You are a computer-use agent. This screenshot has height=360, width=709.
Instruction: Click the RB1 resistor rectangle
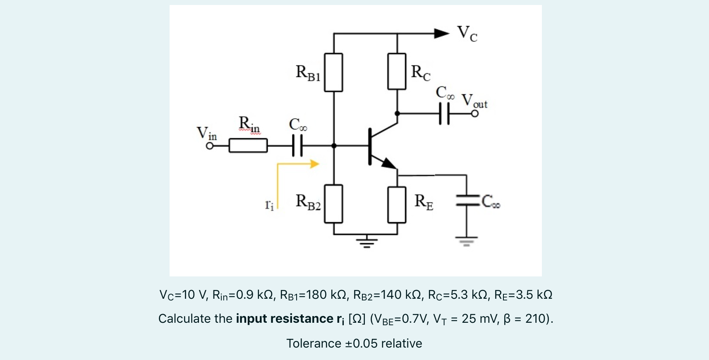[x=333, y=72]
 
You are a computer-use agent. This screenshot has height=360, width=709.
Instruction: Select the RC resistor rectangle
[x=397, y=71]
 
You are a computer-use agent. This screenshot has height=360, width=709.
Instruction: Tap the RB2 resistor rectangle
[x=333, y=204]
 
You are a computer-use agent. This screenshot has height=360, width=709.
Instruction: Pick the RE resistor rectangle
[x=397, y=205]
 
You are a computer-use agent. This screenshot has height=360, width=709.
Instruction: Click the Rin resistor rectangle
[x=248, y=146]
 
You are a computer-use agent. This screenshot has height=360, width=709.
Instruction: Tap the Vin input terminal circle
[x=210, y=146]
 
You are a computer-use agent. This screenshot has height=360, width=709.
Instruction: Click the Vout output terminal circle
[x=475, y=113]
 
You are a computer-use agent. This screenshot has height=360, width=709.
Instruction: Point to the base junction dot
[x=334, y=146]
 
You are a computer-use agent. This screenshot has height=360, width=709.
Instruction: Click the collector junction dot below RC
[x=397, y=113]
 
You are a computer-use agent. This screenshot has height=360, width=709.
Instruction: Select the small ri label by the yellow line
[x=269, y=205]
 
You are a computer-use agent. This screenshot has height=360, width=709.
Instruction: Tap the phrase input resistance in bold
[x=285, y=319]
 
